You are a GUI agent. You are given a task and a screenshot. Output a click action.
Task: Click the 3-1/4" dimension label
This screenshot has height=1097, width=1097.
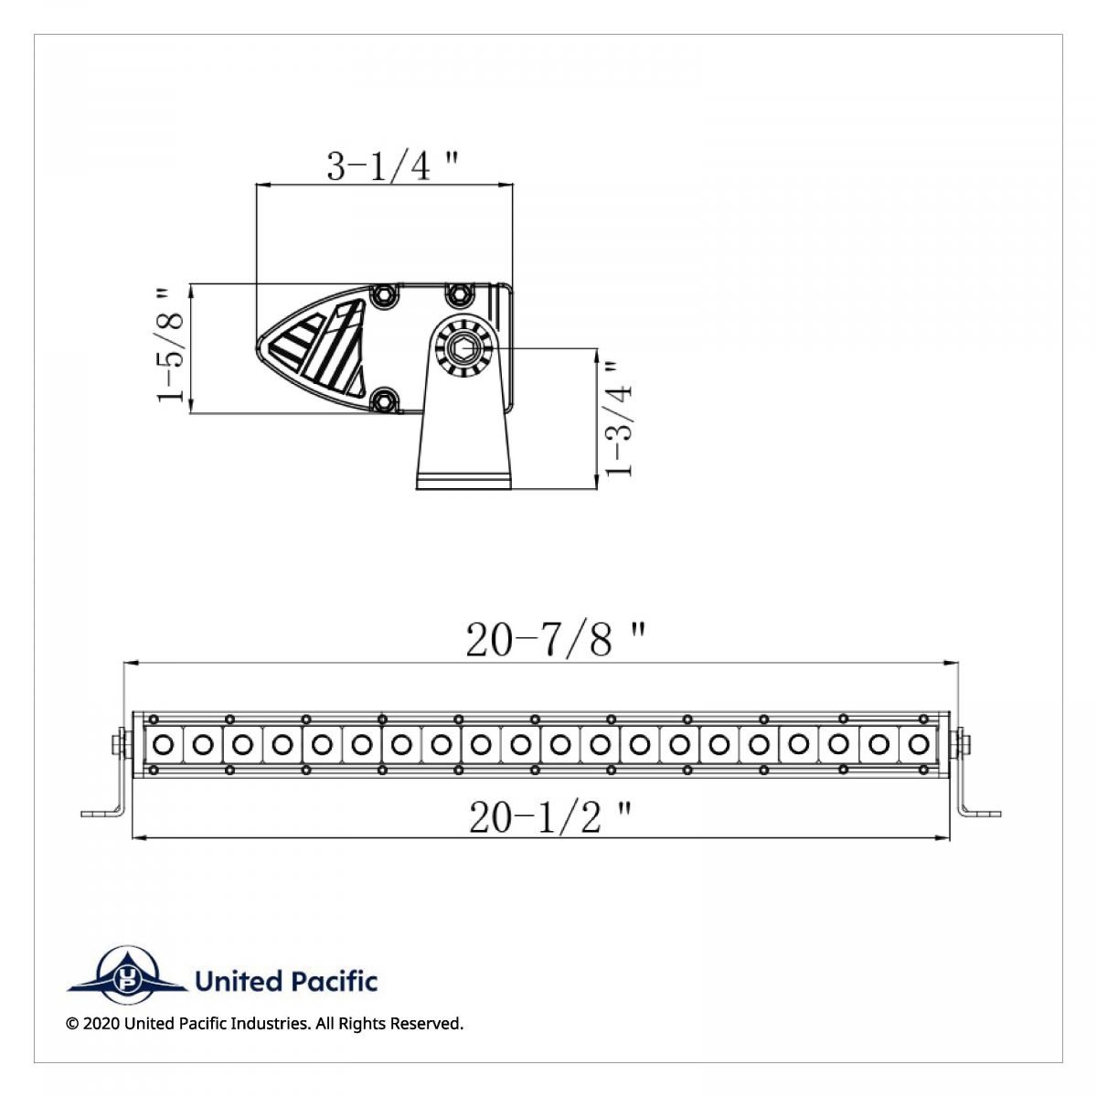(392, 166)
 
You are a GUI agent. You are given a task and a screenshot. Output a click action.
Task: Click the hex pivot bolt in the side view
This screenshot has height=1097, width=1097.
(464, 347)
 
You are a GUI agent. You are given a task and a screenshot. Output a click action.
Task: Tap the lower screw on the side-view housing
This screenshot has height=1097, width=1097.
(385, 400)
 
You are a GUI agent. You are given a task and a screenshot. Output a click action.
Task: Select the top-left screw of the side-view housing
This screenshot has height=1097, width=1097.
(385, 294)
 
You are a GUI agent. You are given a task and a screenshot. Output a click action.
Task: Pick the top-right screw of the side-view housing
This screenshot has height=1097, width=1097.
(459, 294)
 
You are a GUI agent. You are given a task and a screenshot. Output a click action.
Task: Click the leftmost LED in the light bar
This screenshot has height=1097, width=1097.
(164, 744)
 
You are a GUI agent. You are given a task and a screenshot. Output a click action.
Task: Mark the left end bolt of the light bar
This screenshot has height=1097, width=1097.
(118, 744)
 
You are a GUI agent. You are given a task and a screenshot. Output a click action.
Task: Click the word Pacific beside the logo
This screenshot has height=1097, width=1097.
(333, 982)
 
